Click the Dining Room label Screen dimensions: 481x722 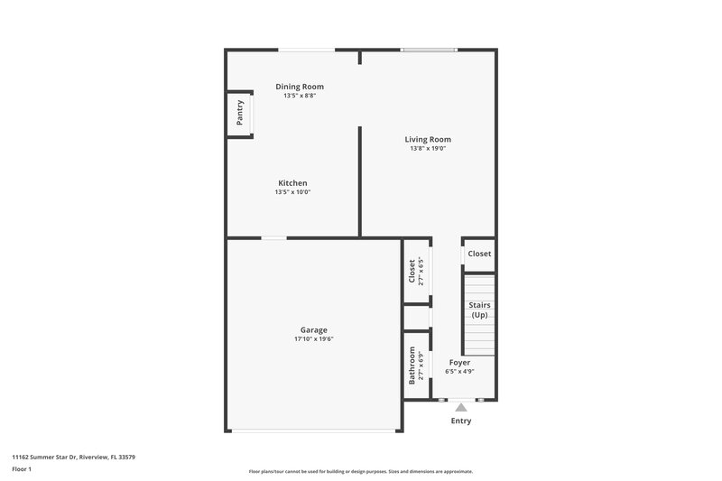pyautogui.click(x=300, y=87)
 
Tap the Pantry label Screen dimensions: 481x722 pyautogui.click(x=239, y=113)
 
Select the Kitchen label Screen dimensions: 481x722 pyautogui.click(x=292, y=183)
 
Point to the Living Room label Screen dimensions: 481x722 pyautogui.click(x=428, y=139)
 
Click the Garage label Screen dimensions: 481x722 pyautogui.click(x=313, y=329)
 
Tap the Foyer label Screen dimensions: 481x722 pyautogui.click(x=458, y=362)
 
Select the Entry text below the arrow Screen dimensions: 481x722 pyautogui.click(x=460, y=421)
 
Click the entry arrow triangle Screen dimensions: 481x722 pyautogui.click(x=460, y=408)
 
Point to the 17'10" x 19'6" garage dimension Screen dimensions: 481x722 pyautogui.click(x=313, y=339)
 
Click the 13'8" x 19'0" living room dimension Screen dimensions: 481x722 pyautogui.click(x=428, y=148)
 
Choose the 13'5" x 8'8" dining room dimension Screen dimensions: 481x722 pyautogui.click(x=300, y=96)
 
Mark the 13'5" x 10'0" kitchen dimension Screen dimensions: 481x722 pyautogui.click(x=292, y=192)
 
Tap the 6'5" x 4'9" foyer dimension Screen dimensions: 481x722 pyautogui.click(x=458, y=371)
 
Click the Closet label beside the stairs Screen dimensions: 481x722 pyautogui.click(x=479, y=254)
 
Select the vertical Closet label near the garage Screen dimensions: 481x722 pyautogui.click(x=412, y=270)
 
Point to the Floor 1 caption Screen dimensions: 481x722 pyautogui.click(x=23, y=471)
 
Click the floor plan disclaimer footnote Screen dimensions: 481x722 pyautogui.click(x=361, y=471)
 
